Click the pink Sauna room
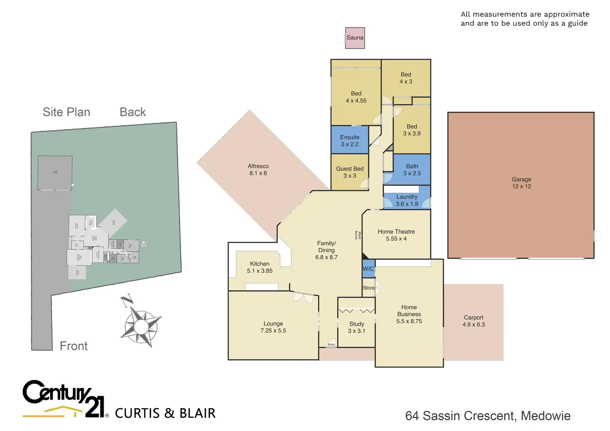pyautogui.click(x=355, y=38)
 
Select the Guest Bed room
pyautogui.click(x=350, y=172)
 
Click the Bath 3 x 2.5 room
pyautogui.click(x=412, y=169)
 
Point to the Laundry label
pyautogui.click(x=407, y=197)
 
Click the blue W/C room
pyautogui.click(x=368, y=269)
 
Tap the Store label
pyautogui.click(x=368, y=288)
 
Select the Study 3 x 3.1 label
pyautogui.click(x=356, y=327)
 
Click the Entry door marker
pyautogui.click(x=332, y=344)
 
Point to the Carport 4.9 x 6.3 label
pyautogui.click(x=474, y=321)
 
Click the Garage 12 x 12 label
pyautogui.click(x=521, y=183)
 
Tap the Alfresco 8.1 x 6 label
pyautogui.click(x=258, y=169)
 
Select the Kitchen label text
pyautogui.click(x=260, y=264)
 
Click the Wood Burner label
pyautogui.click(x=358, y=235)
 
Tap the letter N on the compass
pyautogui.click(x=126, y=300)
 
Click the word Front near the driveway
pyautogui.click(x=74, y=346)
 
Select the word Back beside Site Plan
pyautogui.click(x=133, y=112)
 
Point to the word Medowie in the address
pyautogui.click(x=546, y=416)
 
